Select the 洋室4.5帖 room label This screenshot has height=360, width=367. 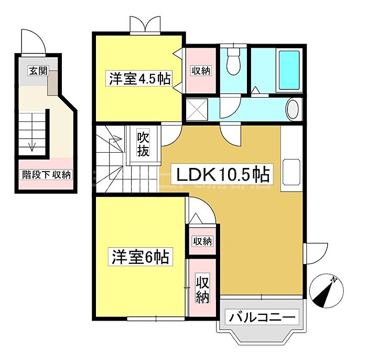point(139,79)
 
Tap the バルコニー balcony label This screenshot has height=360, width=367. point(262,317)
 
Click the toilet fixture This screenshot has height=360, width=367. point(233,63)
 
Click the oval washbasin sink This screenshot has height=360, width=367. point(294,110)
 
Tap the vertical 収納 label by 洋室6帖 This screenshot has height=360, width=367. point(202,289)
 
